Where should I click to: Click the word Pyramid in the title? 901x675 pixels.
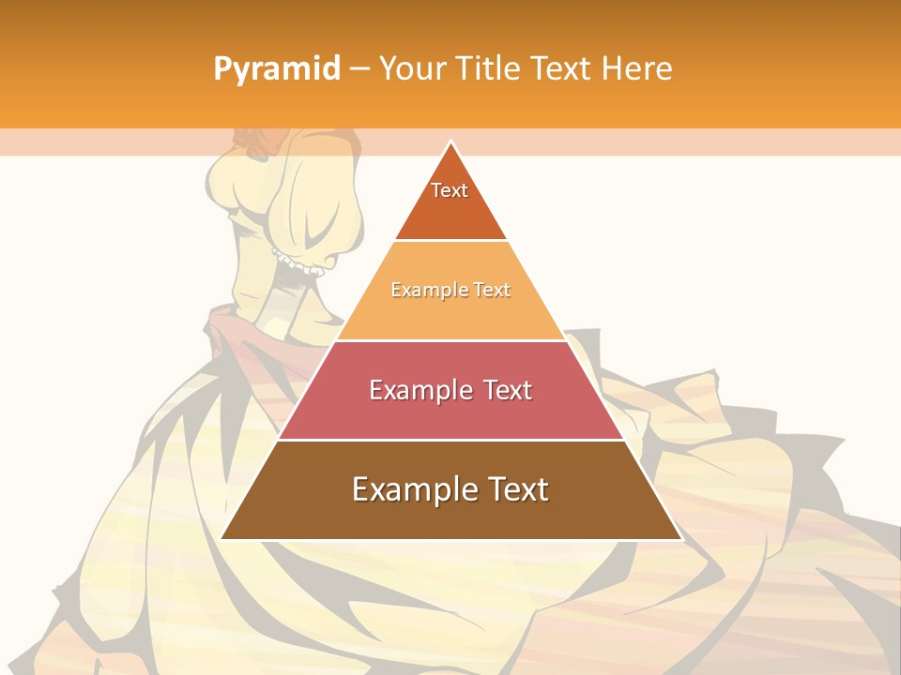point(276,69)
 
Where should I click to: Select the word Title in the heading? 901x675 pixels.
point(493,69)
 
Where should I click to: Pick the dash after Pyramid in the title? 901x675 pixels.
point(359,69)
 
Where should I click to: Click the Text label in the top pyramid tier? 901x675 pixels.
point(450,190)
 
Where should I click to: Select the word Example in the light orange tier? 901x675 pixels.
point(424,290)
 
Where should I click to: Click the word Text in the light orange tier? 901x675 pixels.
point(491,290)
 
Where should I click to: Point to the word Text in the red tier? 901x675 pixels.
point(508,390)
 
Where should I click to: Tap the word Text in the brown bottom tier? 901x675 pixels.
point(516,489)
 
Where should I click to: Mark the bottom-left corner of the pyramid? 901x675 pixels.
point(221,539)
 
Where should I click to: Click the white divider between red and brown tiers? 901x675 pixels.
point(450,440)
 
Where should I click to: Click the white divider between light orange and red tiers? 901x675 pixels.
point(450,340)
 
